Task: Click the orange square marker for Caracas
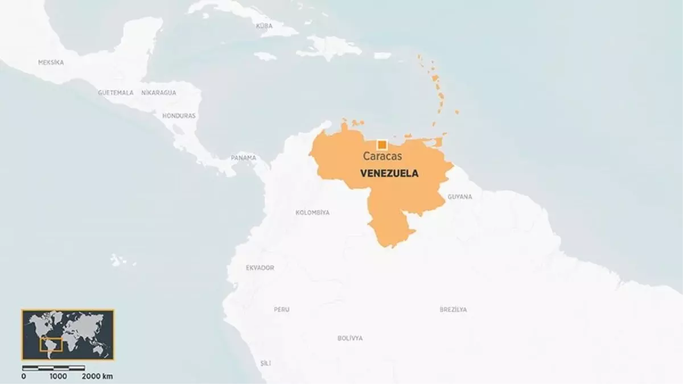(x=382, y=144)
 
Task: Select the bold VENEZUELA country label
(x=389, y=174)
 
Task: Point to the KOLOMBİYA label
(x=312, y=212)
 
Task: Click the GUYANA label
(x=459, y=197)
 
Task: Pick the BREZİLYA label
(x=453, y=309)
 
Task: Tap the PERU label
(x=281, y=309)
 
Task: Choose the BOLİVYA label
(x=349, y=338)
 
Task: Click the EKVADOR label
(x=260, y=267)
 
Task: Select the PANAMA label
(x=243, y=158)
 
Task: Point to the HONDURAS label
(x=179, y=115)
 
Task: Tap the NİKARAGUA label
(x=159, y=92)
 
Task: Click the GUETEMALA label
(x=116, y=92)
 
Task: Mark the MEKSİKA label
(x=51, y=63)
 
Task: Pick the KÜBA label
(x=264, y=26)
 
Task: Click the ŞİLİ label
(x=266, y=363)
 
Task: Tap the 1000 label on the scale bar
(x=58, y=376)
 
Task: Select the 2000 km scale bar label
(x=97, y=376)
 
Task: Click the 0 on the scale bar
(x=23, y=376)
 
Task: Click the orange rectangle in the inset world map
(x=51, y=344)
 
